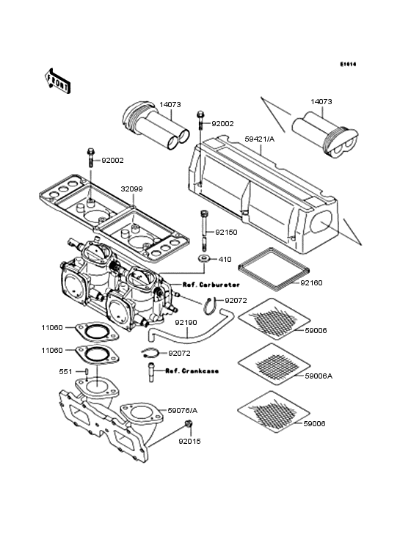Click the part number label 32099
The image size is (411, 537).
(x=133, y=189)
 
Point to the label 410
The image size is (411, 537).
(x=225, y=259)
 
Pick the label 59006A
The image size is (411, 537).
(x=319, y=376)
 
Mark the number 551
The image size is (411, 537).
(x=66, y=373)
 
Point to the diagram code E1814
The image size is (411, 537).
(x=347, y=64)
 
